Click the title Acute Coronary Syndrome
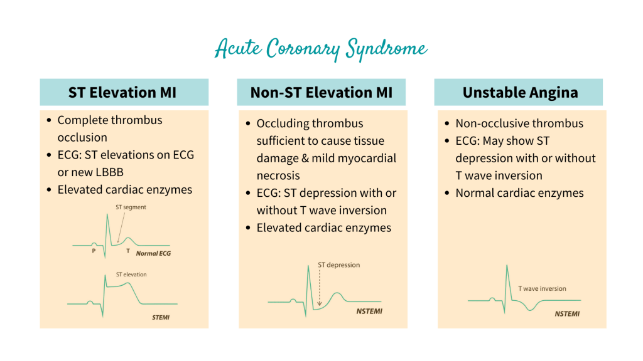321,50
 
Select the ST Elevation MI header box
124,92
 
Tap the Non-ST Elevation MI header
321,92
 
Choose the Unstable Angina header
518,92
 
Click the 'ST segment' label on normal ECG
131,207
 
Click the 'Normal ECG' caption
153,254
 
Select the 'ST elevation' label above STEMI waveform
131,275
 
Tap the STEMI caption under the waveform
161,318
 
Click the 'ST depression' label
339,265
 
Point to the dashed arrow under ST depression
319,288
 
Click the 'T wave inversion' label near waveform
541,289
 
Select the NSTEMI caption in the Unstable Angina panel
566,313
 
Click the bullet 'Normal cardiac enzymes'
519,193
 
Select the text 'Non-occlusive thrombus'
519,123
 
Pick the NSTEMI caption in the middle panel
369,311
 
